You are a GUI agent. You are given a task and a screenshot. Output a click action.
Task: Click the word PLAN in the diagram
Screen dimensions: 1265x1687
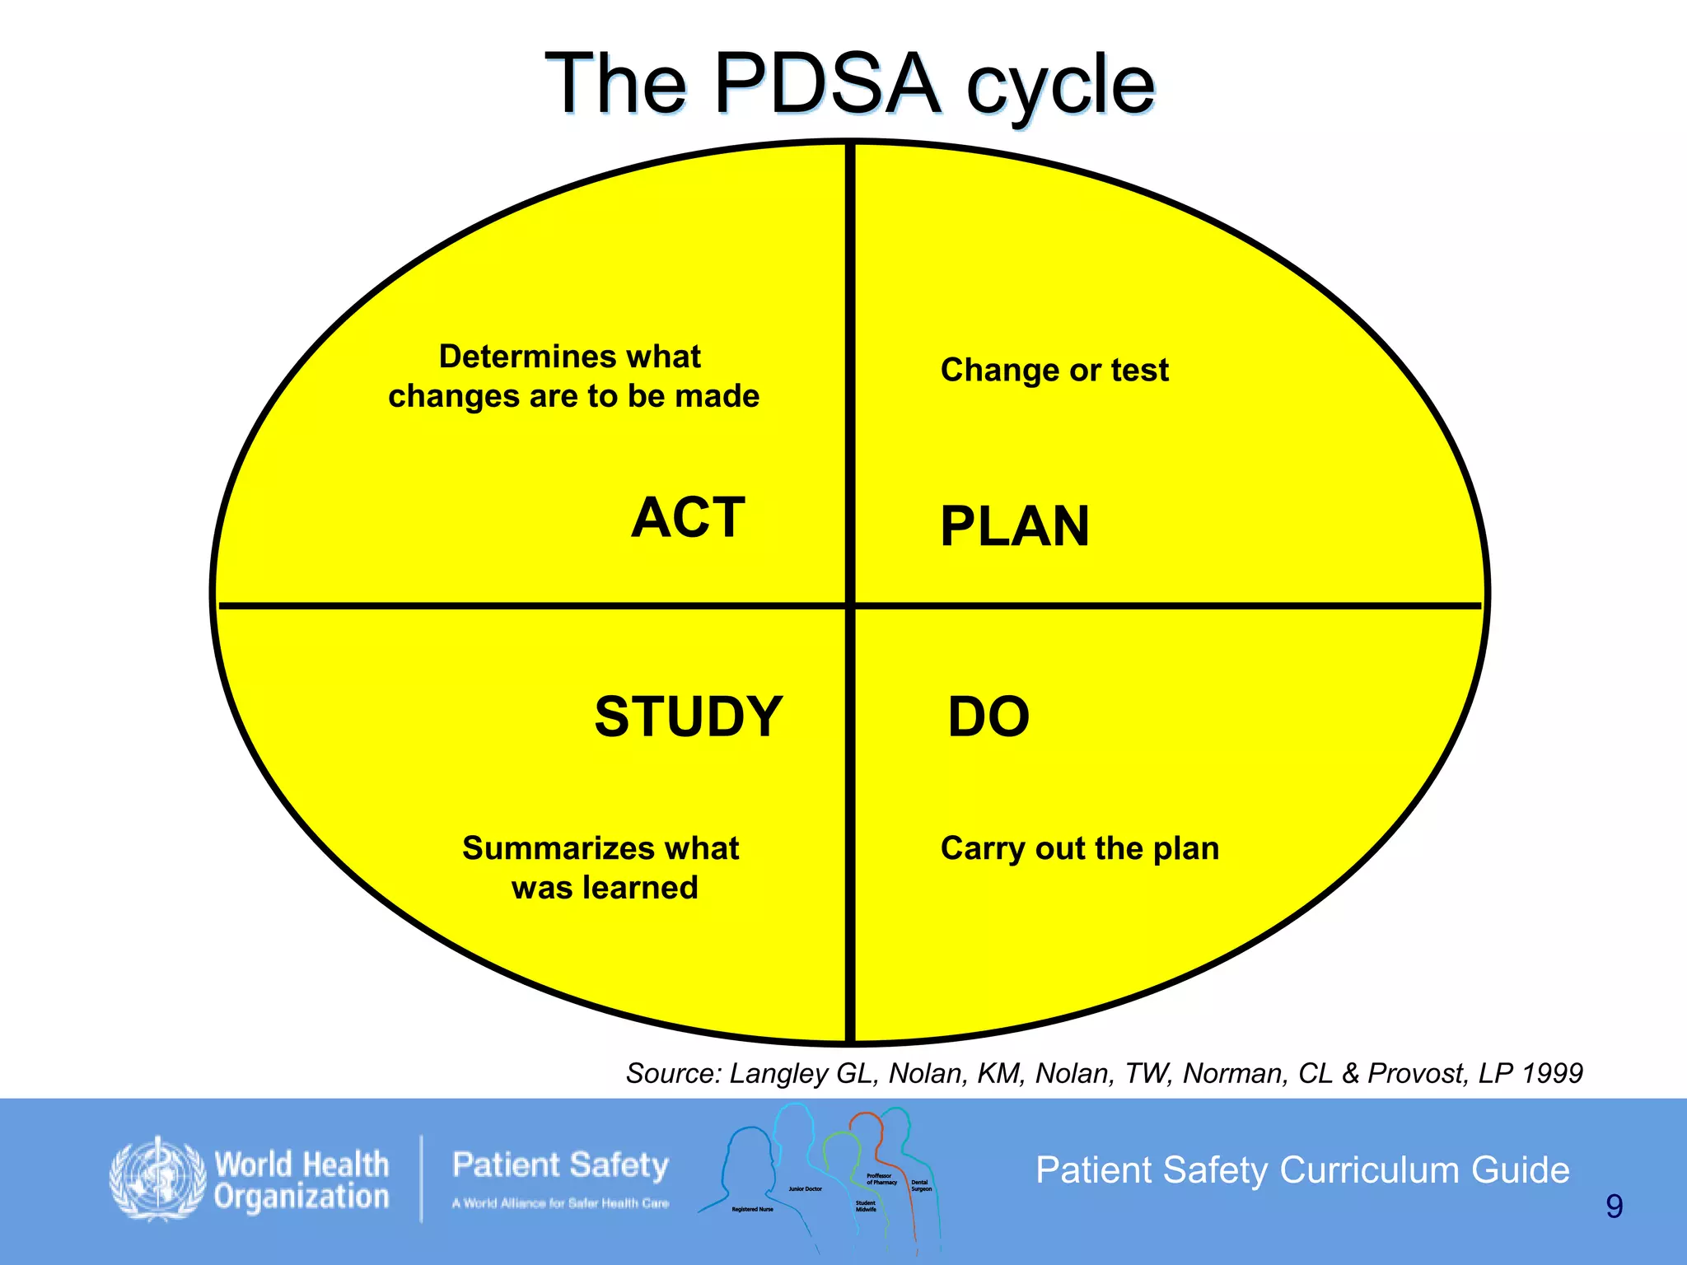click(1015, 527)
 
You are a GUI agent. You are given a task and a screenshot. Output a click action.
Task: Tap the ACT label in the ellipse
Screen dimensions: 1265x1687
click(689, 518)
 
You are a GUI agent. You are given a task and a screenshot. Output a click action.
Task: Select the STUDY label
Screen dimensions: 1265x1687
click(689, 717)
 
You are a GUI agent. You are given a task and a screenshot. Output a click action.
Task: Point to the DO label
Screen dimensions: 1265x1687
click(988, 717)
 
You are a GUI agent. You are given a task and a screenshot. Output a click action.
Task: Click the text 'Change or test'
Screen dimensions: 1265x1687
click(1054, 371)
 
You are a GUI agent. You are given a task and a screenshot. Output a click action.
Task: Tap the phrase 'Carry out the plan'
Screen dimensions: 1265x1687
click(1079, 848)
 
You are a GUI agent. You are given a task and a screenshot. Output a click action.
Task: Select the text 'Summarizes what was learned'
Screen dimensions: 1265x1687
click(601, 868)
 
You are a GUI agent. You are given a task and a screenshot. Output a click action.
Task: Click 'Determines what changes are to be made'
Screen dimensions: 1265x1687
click(573, 376)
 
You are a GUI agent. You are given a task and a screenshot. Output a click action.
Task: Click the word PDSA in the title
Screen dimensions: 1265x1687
click(827, 84)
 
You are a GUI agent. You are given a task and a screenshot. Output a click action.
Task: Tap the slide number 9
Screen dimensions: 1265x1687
click(1614, 1207)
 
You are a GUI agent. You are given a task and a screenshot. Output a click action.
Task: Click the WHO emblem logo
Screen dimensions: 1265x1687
click(157, 1179)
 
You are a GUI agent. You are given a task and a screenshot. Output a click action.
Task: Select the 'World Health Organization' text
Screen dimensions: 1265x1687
click(301, 1181)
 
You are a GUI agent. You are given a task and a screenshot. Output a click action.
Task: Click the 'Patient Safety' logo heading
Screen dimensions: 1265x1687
click(560, 1165)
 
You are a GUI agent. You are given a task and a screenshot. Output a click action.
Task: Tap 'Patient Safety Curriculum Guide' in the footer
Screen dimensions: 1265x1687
click(1302, 1170)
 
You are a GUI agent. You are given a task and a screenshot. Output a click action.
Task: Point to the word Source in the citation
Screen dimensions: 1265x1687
click(673, 1073)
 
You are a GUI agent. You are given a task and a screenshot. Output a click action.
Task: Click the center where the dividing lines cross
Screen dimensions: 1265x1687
click(850, 606)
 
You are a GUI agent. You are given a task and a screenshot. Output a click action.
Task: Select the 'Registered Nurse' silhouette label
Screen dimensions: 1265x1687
click(752, 1209)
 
